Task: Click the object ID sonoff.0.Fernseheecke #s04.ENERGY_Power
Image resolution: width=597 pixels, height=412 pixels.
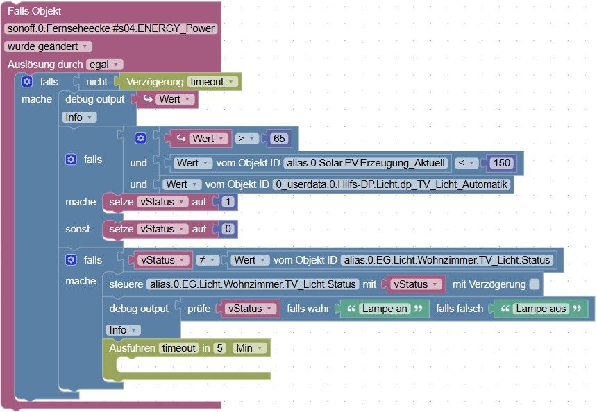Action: pyautogui.click(x=110, y=28)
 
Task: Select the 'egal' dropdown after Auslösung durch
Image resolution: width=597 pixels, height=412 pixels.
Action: pyautogui.click(x=104, y=64)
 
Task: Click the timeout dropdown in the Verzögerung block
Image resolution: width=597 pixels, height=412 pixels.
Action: pyautogui.click(x=212, y=82)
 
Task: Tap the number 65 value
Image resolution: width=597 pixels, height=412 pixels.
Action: pyautogui.click(x=279, y=139)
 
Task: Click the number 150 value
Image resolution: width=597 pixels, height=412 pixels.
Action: pyautogui.click(x=500, y=163)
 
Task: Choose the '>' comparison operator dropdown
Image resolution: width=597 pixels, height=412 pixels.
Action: pyautogui.click(x=247, y=139)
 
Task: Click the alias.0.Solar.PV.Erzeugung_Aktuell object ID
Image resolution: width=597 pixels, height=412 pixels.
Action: pyautogui.click(x=367, y=163)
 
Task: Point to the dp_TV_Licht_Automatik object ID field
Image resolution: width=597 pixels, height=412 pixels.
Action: pyautogui.click(x=392, y=184)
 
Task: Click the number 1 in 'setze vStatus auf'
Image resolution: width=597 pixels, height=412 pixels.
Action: pyautogui.click(x=228, y=202)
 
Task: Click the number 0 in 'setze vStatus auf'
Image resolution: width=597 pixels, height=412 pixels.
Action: pyautogui.click(x=228, y=229)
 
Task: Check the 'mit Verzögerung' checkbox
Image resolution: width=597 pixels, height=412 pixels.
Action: pyautogui.click(x=533, y=284)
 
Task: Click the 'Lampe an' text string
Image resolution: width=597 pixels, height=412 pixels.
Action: pyautogui.click(x=384, y=309)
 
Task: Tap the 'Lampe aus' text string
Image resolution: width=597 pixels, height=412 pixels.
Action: pyautogui.click(x=540, y=309)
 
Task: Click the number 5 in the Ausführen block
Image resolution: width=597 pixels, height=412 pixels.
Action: pyautogui.click(x=219, y=348)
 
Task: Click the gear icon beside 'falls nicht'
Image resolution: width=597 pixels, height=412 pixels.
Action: pyautogui.click(x=26, y=82)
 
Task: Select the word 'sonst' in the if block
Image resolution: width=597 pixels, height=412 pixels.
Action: pyautogui.click(x=78, y=229)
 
